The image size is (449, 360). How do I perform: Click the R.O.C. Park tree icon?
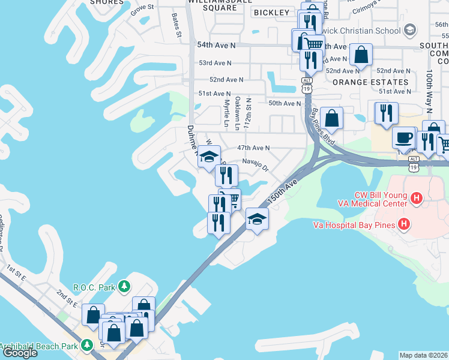(124, 287)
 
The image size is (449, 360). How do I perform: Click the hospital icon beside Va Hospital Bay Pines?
(404, 225)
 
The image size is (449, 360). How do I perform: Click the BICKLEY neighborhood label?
(271, 13)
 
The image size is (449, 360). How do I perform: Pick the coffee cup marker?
(403, 137)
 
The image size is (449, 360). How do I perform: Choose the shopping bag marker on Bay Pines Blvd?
(331, 118)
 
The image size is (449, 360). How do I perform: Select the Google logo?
(19, 353)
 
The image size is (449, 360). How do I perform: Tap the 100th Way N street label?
(429, 90)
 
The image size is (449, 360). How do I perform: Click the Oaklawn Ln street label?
(237, 112)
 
